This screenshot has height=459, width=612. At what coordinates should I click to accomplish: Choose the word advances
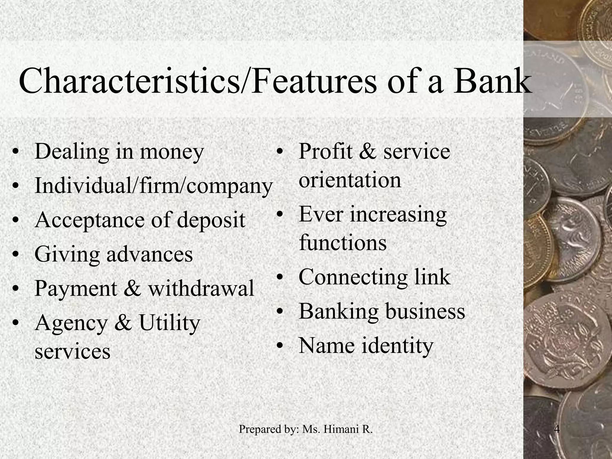coord(149,255)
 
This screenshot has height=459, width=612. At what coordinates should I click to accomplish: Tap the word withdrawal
coord(201,289)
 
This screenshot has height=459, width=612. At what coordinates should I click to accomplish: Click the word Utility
coord(169,323)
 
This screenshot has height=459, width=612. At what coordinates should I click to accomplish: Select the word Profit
coord(325,152)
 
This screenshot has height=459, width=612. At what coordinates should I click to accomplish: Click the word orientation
coord(350,180)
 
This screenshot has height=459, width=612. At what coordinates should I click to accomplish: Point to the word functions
coord(343,243)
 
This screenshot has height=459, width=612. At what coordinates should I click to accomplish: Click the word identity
coord(397,346)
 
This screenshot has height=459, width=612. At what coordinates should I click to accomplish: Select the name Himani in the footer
coord(337,429)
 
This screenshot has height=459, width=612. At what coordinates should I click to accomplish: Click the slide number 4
coord(557,429)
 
